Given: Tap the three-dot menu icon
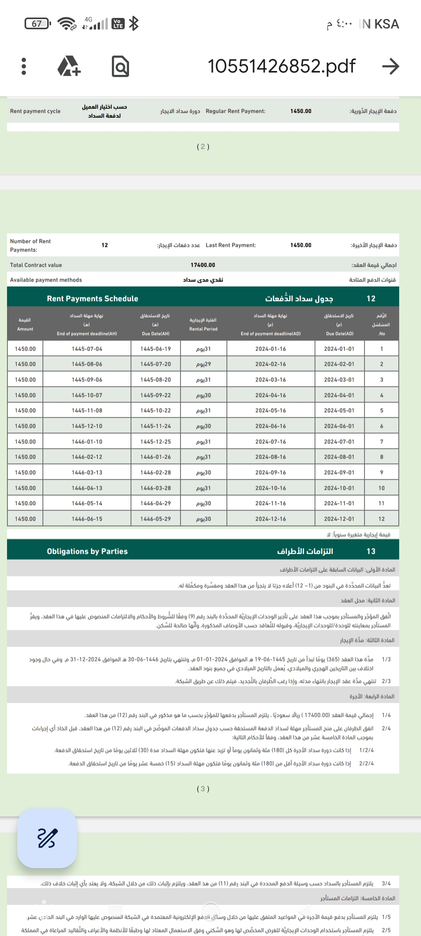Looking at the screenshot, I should click(x=24, y=66).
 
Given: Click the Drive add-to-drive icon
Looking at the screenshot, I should click(x=69, y=66).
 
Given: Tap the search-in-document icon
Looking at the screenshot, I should click(x=120, y=66).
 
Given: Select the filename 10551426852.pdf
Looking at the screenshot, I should click(x=281, y=66).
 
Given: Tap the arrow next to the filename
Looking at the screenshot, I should click(x=391, y=66).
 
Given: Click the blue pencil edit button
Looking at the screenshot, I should click(x=47, y=838).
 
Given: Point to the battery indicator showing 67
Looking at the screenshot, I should click(x=37, y=24).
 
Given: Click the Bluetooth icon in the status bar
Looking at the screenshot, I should click(x=134, y=24).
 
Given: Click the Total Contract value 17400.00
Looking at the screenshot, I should click(x=203, y=265).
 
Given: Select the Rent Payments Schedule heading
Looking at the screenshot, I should click(x=92, y=299).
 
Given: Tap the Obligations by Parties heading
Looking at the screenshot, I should click(x=87, y=551).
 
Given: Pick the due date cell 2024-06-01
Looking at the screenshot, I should click(x=339, y=426).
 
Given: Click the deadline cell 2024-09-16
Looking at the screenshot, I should click(x=271, y=473).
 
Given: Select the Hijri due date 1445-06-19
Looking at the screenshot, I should click(x=156, y=349).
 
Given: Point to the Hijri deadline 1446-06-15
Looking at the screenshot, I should click(x=87, y=519).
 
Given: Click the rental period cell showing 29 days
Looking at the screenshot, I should click(x=203, y=364).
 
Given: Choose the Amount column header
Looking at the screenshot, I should click(x=25, y=324).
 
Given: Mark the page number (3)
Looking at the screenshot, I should click(x=203, y=789).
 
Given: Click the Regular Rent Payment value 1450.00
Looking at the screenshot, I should click(x=301, y=111).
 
